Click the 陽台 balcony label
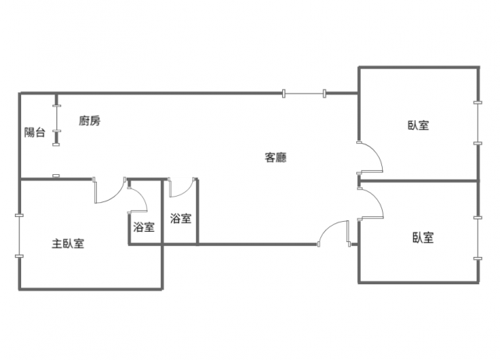point(34,133)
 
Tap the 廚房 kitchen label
point(89,121)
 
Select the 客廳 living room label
point(276,158)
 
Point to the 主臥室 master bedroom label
point(68,244)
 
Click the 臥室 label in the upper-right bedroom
point(418,125)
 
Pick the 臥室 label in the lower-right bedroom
point(423,238)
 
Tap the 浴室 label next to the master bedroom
point(144,227)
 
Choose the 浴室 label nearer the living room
point(180,219)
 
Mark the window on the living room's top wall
point(305,94)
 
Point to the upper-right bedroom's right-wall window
point(478,123)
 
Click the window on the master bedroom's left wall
point(19,235)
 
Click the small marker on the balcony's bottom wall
point(55,176)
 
